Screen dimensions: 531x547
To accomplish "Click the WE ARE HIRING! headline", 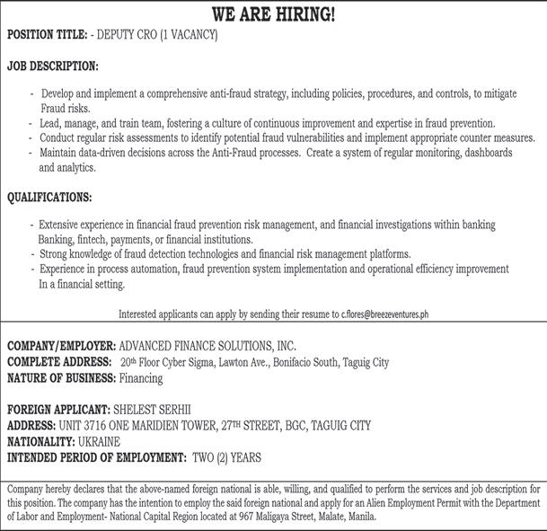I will [x=273, y=14].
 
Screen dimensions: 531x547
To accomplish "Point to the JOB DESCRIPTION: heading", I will [x=53, y=66].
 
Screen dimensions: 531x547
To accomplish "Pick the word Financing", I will [x=141, y=378].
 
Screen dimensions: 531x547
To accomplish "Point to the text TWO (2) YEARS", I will [x=227, y=458].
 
